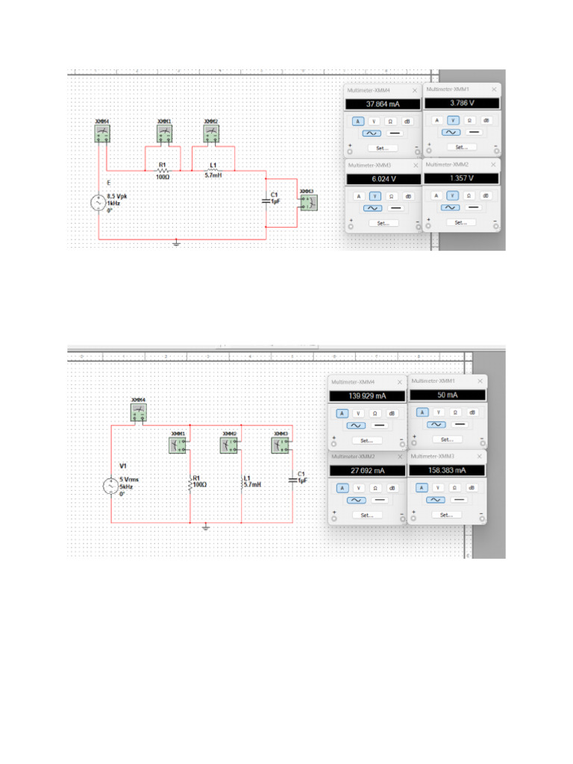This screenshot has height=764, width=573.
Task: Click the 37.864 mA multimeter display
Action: tap(383, 104)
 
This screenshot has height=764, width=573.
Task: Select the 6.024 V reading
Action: tap(383, 179)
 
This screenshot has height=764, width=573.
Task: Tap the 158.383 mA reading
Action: tap(446, 471)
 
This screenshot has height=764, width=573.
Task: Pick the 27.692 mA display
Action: tap(367, 471)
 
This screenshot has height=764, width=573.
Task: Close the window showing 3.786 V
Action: tap(492, 89)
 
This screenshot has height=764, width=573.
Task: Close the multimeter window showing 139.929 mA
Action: tap(399, 382)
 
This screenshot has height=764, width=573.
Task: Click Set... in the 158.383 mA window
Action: tap(446, 515)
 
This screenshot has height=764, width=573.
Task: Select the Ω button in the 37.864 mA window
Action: tap(390, 121)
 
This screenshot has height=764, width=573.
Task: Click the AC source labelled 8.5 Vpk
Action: tap(98, 201)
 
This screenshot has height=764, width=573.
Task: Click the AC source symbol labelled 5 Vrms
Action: tap(110, 486)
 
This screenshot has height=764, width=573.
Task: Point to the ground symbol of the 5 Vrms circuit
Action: tap(206, 527)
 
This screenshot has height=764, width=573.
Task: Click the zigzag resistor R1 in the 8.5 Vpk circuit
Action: tap(162, 170)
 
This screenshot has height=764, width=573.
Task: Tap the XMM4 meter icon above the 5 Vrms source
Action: tap(138, 413)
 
